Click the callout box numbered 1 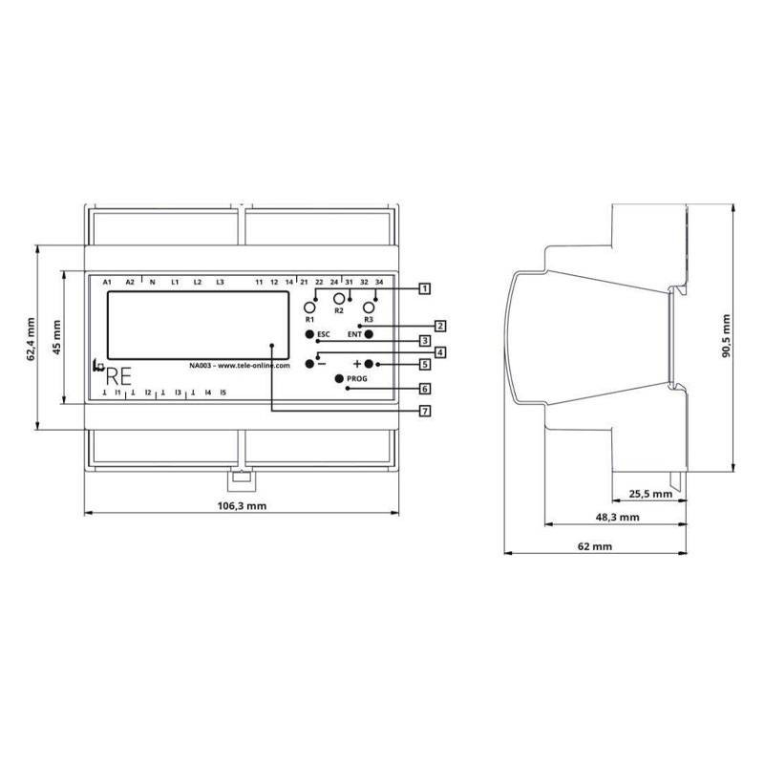tap(425, 289)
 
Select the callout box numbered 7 tap(425, 412)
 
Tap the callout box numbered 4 tap(440, 351)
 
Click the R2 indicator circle tap(339, 298)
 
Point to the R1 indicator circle tap(309, 308)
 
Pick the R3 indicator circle tap(369, 308)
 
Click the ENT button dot tap(369, 334)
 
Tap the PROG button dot tap(340, 378)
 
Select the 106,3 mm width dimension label tap(242, 506)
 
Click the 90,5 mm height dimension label tap(726, 336)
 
